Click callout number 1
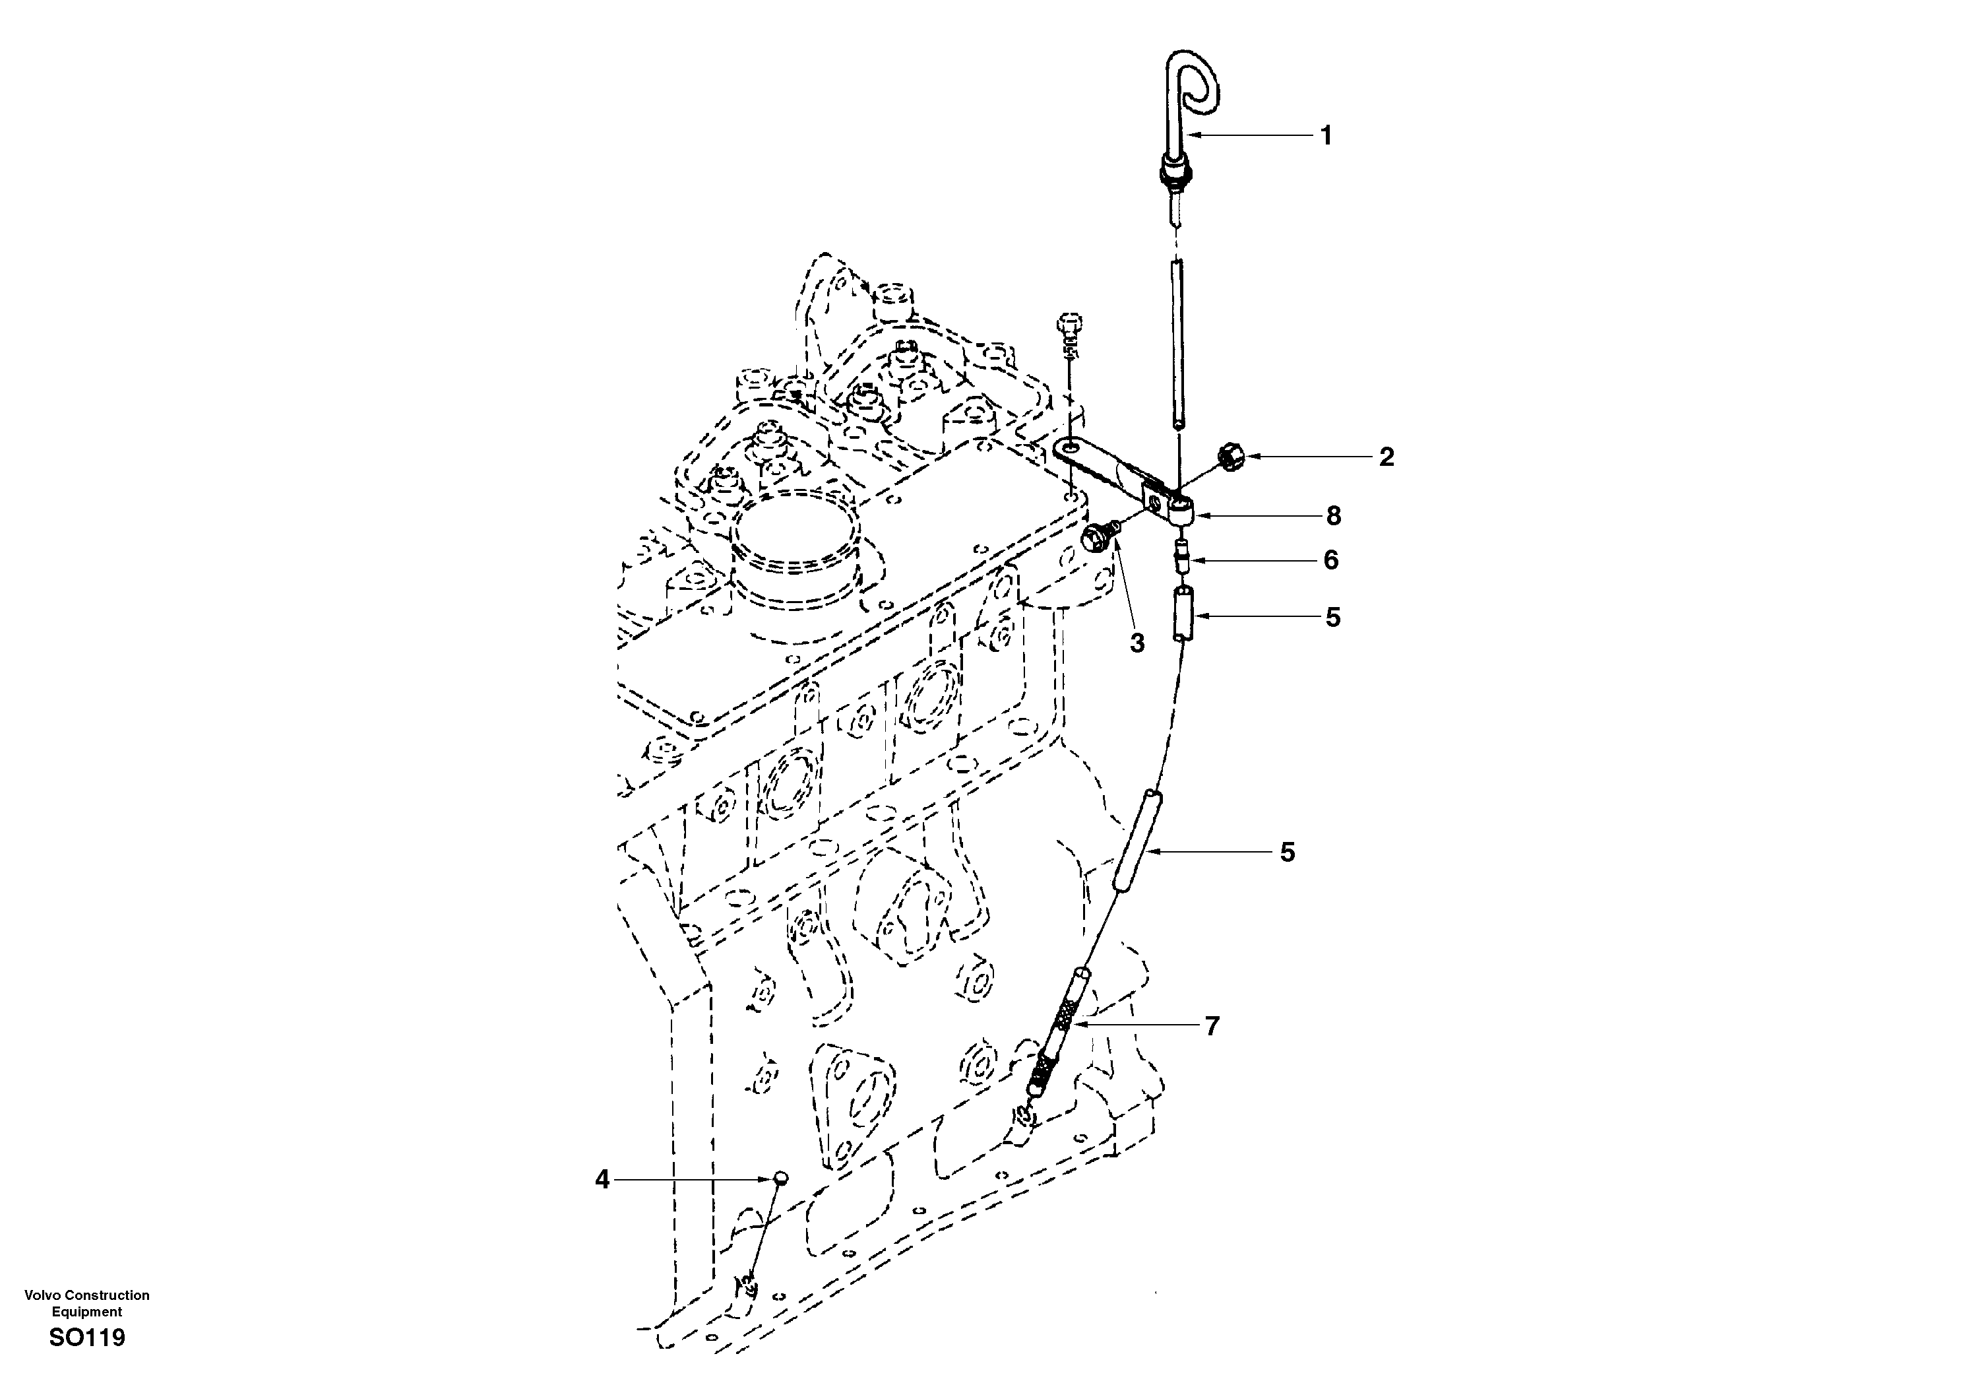(1326, 135)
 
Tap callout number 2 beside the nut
(1386, 457)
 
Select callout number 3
(1137, 643)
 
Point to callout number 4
(603, 1180)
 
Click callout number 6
(1330, 560)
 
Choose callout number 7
(1212, 1025)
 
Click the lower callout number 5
(1287, 852)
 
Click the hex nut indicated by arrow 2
(1230, 457)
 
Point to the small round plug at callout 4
(780, 1178)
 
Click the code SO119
(87, 1338)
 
